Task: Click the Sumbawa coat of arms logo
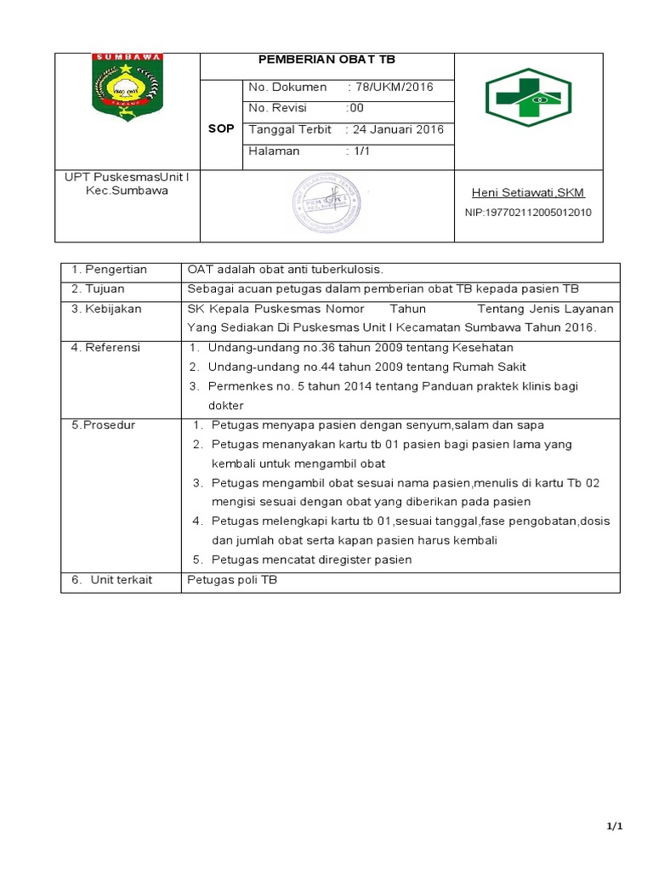pos(128,87)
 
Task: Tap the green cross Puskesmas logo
pos(528,98)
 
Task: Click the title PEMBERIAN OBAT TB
pos(326,60)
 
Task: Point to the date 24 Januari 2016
pos(395,130)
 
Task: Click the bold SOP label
pos(220,128)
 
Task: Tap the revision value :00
pos(355,109)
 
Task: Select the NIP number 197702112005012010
pos(528,213)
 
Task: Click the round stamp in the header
pos(326,205)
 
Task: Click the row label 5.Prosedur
pos(104,424)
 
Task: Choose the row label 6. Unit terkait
pos(111,579)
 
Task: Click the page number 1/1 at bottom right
pos(615,827)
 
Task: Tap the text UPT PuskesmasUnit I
pos(128,177)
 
